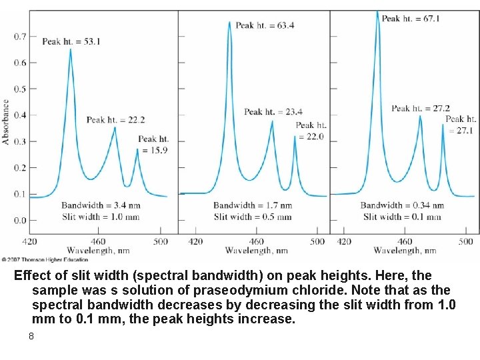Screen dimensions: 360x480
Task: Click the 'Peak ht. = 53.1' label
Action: [x=71, y=41]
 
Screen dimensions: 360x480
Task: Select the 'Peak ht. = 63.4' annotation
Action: [x=265, y=25]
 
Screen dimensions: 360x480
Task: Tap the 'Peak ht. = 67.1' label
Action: [x=410, y=18]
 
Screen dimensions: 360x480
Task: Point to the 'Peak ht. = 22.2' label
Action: [x=115, y=120]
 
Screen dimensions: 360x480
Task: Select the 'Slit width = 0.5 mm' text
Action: [x=252, y=217]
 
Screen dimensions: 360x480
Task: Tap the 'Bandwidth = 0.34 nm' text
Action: [x=402, y=205]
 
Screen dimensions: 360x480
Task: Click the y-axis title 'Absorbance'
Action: [x=6, y=121]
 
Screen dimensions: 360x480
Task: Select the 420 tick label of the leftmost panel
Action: [x=30, y=241]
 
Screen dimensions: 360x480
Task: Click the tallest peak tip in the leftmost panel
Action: [x=70, y=49]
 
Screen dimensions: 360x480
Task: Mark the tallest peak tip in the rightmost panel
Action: [x=377, y=11]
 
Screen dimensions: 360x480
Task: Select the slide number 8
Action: [x=31, y=336]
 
